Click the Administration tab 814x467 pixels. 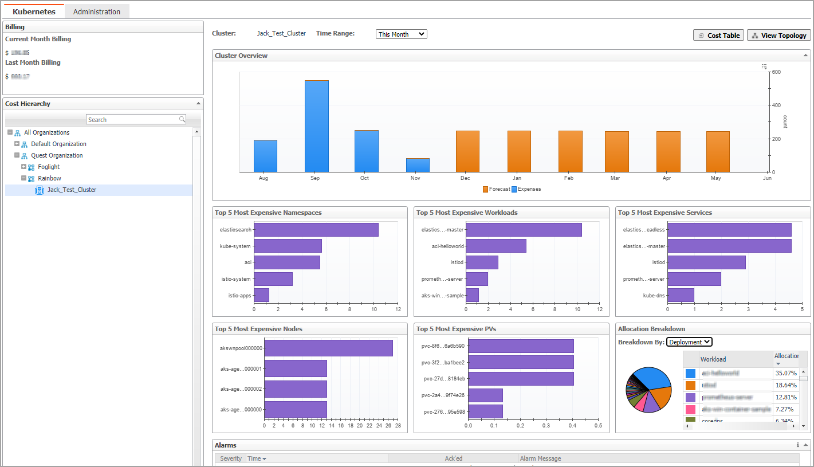point(97,11)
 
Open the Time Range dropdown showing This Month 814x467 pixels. point(401,34)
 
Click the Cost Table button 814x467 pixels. point(718,36)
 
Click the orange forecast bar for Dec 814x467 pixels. point(467,151)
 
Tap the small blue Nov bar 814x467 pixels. point(418,165)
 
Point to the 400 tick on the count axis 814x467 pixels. point(776,105)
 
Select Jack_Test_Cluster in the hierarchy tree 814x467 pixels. point(72,190)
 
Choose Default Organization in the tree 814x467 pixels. point(58,144)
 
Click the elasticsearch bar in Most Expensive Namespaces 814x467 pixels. point(316,230)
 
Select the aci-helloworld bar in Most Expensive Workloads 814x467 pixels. point(496,246)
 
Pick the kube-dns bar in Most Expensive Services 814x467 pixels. point(681,295)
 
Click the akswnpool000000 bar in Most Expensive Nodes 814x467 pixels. point(328,348)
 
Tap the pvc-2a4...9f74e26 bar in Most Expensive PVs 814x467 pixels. point(485,395)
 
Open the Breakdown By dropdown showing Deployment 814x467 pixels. point(689,342)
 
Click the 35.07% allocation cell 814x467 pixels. point(785,373)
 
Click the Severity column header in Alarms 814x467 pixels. point(231,458)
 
